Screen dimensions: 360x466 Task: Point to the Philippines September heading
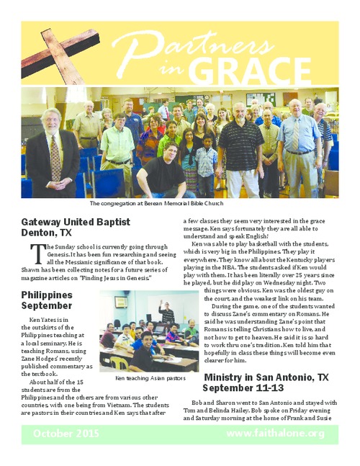48,301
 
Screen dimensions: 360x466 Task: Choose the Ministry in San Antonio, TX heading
266,377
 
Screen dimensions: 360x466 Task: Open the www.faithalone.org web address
276,433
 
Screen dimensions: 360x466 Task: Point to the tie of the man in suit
55,158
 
